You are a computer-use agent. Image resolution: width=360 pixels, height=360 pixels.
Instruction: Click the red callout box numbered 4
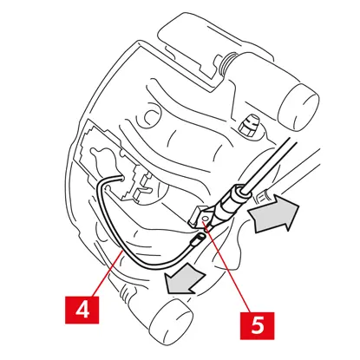[x=82, y=310]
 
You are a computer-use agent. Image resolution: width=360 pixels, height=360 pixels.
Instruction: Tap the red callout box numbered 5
[x=258, y=325]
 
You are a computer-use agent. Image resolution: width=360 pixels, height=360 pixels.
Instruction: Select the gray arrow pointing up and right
[x=273, y=213]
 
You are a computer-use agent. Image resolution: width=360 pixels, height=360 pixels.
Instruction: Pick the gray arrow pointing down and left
[x=184, y=280]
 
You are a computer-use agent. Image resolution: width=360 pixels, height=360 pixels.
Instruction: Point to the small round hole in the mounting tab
[x=205, y=219]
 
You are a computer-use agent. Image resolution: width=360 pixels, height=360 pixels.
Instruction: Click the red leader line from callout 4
[x=107, y=273]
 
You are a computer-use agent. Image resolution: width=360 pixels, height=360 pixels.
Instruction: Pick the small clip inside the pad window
[x=142, y=185]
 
